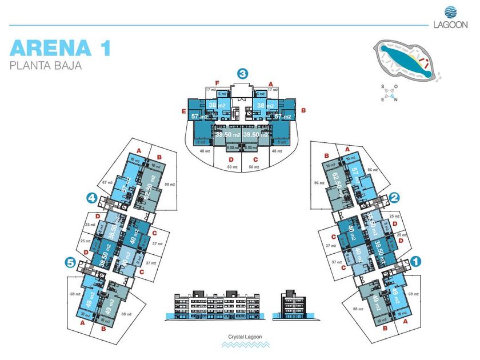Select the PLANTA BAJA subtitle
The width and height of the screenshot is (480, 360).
pos(46,65)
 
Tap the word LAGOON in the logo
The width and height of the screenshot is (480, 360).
pos(450,24)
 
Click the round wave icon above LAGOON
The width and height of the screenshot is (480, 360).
pos(450,11)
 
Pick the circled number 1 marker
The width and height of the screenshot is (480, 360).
pos(417,259)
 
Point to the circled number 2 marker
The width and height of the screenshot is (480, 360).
pos(394,198)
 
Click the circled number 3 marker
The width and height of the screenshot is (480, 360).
pos(243,73)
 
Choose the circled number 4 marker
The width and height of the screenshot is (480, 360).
pos(91,198)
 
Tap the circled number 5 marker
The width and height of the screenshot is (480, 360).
pos(70,262)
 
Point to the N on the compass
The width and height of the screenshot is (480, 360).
pos(395,98)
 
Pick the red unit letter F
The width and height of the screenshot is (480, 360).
pos(217,83)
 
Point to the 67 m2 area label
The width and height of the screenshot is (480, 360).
pos(106,182)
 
